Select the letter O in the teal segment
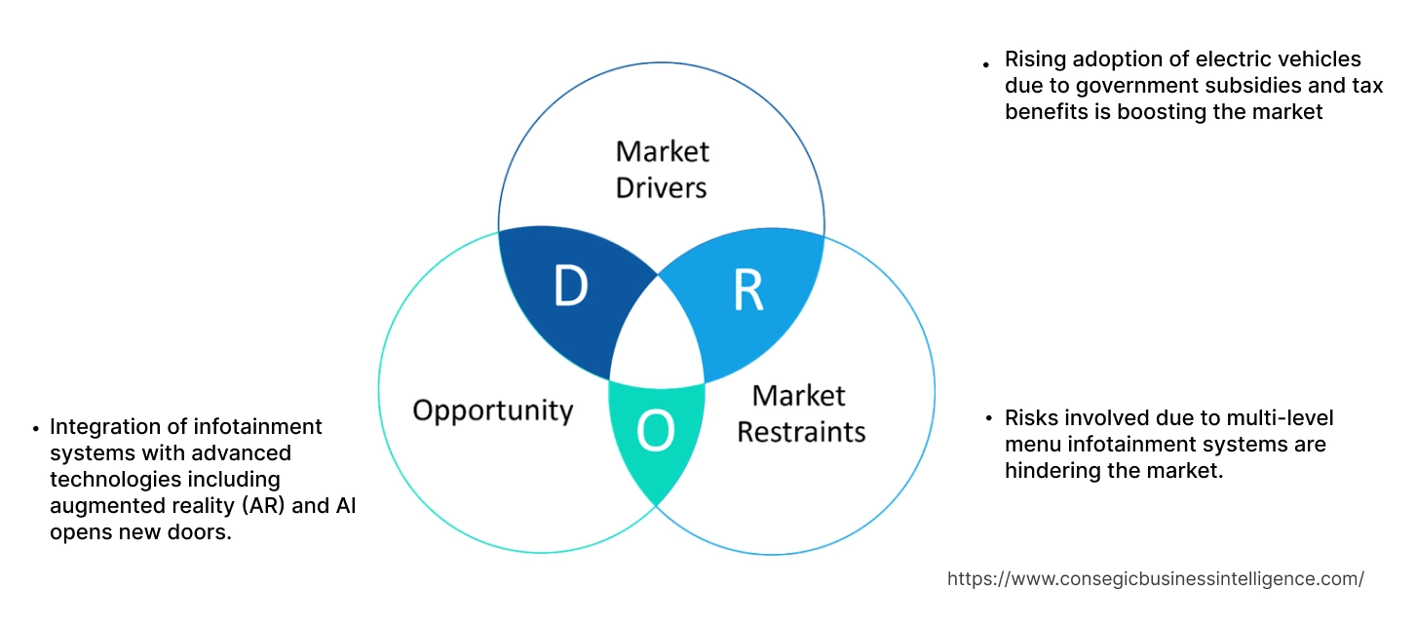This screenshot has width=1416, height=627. pyautogui.click(x=655, y=433)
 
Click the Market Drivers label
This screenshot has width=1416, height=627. pyautogui.click(x=662, y=169)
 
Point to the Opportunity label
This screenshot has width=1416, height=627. pyautogui.click(x=492, y=410)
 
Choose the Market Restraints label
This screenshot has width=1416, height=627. pyautogui.click(x=800, y=412)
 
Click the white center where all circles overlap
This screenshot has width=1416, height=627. pyautogui.click(x=657, y=336)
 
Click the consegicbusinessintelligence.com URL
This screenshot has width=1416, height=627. pyautogui.click(x=1155, y=578)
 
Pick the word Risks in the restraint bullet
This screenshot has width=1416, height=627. pyautogui.click(x=1031, y=418)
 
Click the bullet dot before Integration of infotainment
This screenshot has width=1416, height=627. pyautogui.click(x=37, y=429)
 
